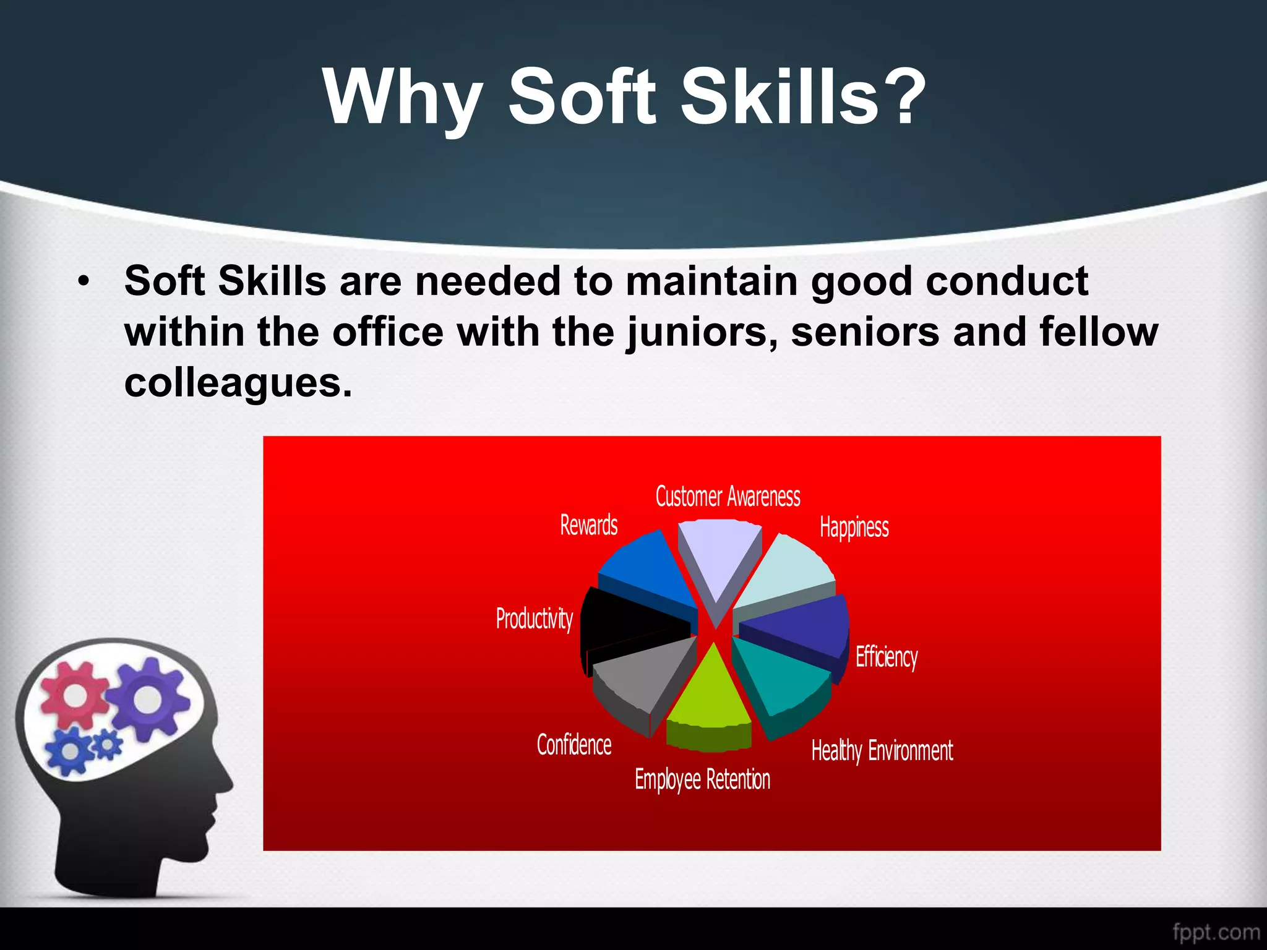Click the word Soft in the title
click(x=582, y=98)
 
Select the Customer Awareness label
click(x=728, y=497)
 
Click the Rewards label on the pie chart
click(x=588, y=525)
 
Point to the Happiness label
click(x=854, y=528)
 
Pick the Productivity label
click(x=534, y=618)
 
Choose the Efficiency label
click(x=886, y=657)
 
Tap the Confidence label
click(x=573, y=745)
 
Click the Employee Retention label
click(x=702, y=779)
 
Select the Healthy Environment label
click(x=882, y=751)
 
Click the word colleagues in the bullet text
click(x=238, y=383)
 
